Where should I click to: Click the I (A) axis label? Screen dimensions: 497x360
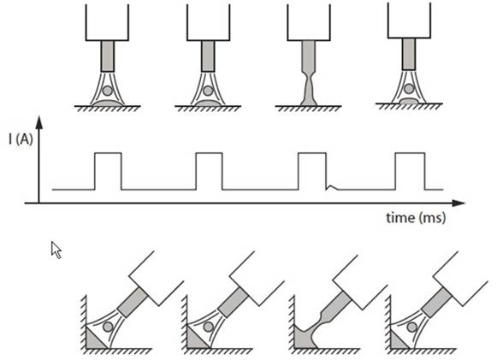tap(21, 139)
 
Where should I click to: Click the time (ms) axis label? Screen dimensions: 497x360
tap(416, 218)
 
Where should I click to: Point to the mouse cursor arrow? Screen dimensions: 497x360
tap(56, 250)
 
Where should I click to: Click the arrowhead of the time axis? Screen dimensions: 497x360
tap(459, 204)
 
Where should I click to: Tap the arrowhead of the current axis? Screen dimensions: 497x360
tap(39, 122)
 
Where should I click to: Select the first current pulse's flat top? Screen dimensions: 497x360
tap(108, 153)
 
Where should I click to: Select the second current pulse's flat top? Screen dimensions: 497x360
tap(210, 153)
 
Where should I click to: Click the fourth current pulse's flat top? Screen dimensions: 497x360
tap(410, 153)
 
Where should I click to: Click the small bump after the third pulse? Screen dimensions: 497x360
tap(332, 187)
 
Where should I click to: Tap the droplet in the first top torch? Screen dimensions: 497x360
tap(108, 91)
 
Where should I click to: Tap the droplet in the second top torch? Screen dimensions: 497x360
tap(208, 91)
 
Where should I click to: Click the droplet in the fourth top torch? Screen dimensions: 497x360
tap(409, 89)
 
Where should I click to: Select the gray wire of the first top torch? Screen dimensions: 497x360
tap(108, 56)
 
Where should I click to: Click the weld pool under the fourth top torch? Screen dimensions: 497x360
tap(409, 101)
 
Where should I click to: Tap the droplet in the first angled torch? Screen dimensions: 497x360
tap(108, 327)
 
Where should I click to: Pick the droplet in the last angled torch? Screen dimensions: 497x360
tap(412, 327)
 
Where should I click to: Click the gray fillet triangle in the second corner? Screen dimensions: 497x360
tap(195, 339)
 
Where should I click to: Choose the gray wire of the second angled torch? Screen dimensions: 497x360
tap(234, 303)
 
